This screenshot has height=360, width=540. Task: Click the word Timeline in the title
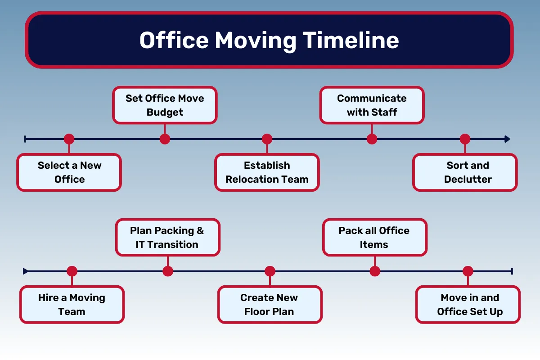point(351,40)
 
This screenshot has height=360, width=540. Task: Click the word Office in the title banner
point(174,40)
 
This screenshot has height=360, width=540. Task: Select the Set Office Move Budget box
point(165,105)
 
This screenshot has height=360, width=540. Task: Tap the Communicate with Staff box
point(372,105)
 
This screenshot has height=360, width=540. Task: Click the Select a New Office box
point(69,172)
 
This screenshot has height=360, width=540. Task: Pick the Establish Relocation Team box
point(267,172)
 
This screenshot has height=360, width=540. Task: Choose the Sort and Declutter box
point(465,172)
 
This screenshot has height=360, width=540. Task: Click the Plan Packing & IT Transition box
point(167,238)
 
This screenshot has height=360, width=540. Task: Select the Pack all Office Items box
point(374,238)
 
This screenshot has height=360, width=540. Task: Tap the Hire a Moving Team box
point(72,305)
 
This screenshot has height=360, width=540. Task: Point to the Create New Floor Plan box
point(270,305)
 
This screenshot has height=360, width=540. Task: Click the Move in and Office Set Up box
point(468,305)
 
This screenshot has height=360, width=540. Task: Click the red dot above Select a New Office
point(69,139)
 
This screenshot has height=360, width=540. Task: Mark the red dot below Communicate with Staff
point(372,139)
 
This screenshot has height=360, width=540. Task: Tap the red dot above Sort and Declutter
point(465,139)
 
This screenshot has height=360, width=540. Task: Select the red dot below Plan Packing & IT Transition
point(167,271)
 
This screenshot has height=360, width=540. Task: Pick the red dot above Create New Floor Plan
point(270,271)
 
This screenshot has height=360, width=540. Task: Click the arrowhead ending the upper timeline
point(507,139)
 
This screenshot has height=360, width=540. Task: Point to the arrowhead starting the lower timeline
point(26,271)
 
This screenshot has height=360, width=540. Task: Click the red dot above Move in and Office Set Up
point(468,271)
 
